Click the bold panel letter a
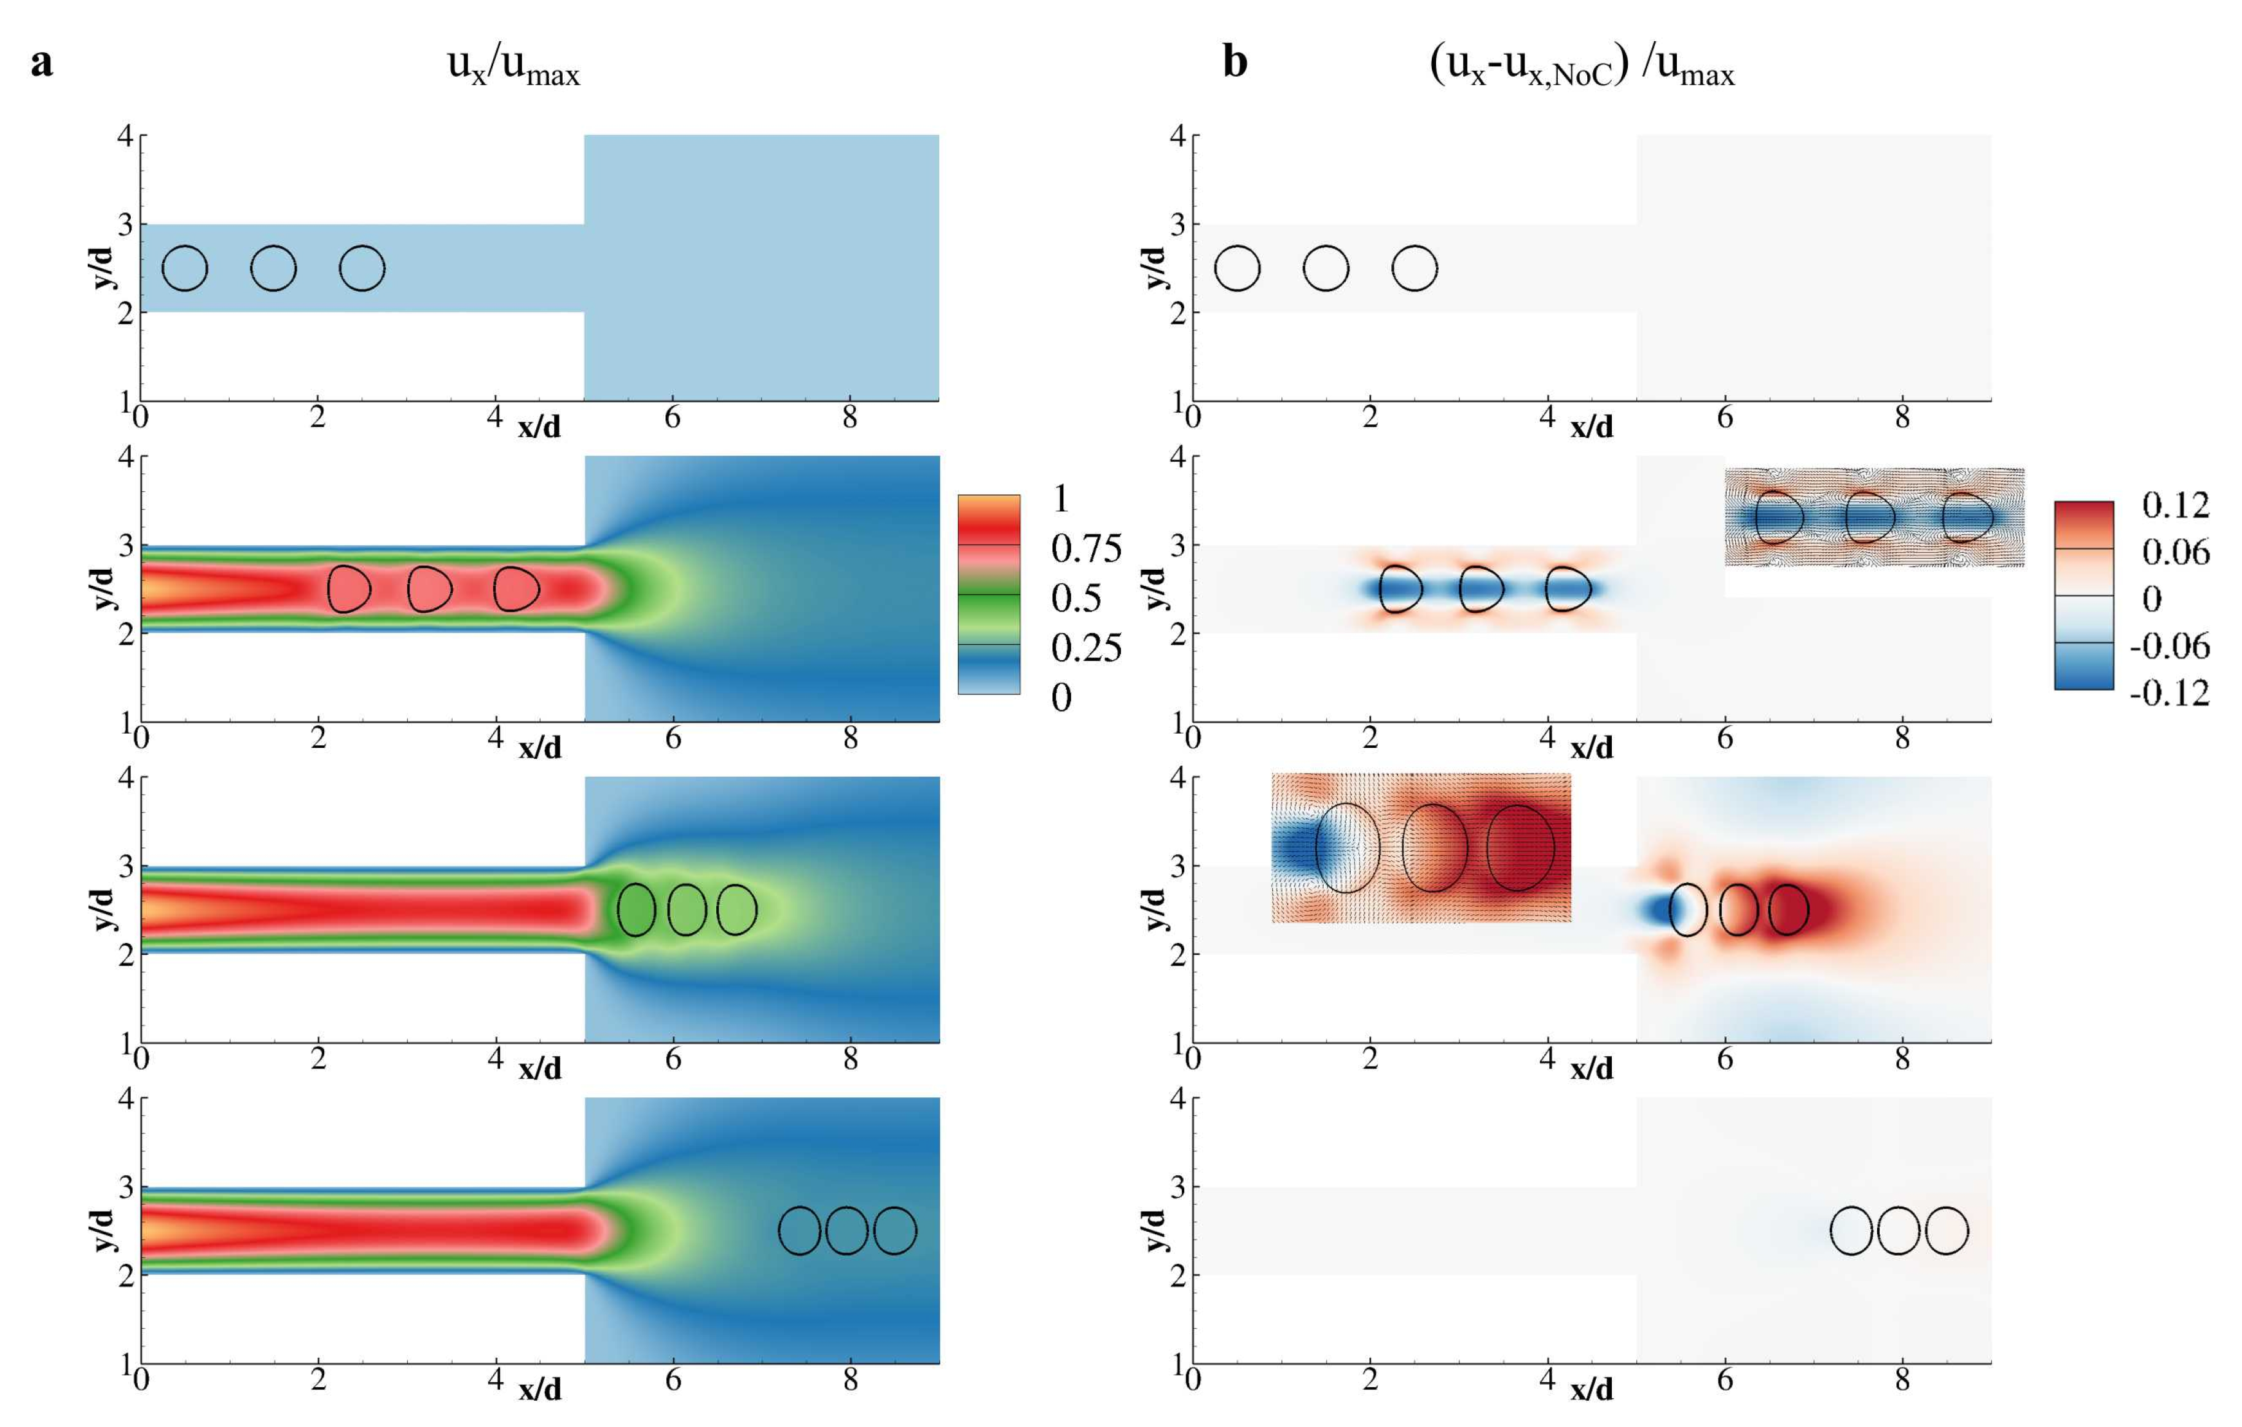coord(41,63)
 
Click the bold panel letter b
coord(1235,63)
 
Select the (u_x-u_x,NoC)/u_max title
coord(1582,67)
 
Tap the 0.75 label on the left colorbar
coord(1085,549)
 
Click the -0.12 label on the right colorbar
coord(2170,693)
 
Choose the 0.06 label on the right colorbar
coord(2175,552)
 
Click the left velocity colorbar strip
coord(989,594)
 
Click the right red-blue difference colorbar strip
coord(2084,595)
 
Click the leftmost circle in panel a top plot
coord(184,268)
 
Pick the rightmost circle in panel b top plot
coord(1414,268)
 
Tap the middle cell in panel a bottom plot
coord(846,1230)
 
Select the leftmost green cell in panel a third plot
coord(637,909)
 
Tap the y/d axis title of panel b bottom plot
coord(1154,1230)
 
